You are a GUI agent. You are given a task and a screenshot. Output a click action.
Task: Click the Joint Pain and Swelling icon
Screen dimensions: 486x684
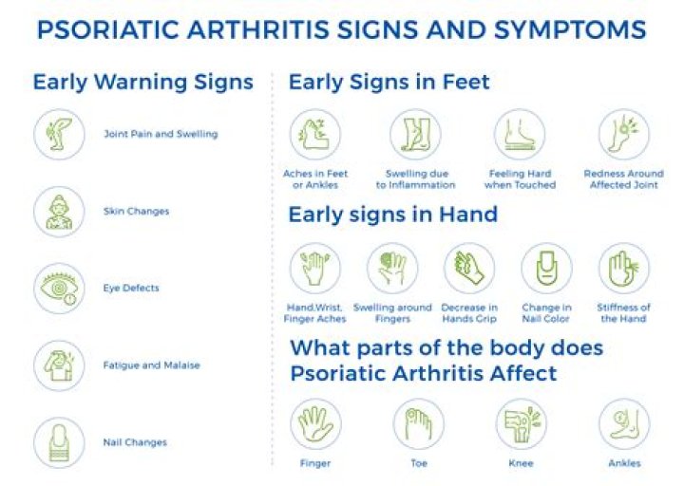59,135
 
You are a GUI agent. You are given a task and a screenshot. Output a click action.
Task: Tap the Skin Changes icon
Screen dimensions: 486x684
59,212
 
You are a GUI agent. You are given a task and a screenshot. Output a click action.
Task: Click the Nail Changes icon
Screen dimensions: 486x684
59,442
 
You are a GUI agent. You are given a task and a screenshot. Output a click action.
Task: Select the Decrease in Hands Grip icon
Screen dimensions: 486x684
469,269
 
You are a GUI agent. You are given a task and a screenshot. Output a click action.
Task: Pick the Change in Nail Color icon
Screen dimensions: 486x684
546,269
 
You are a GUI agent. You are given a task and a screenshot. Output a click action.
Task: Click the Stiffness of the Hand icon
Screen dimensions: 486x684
624,269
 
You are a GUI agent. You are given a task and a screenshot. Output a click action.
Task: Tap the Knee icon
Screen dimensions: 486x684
521,424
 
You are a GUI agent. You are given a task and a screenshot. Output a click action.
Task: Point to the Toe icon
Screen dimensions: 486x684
419,424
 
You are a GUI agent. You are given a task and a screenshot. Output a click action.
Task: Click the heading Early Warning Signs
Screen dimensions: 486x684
142,82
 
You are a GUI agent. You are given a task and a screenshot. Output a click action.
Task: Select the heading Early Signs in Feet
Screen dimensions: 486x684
389,82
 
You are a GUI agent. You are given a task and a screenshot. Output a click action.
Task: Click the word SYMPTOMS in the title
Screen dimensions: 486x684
558,29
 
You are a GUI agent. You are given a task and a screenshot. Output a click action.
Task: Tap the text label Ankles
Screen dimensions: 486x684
624,463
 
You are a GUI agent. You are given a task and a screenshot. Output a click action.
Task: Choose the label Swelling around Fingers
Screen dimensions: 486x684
392,313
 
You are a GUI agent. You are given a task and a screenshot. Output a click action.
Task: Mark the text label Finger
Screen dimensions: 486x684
314,463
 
